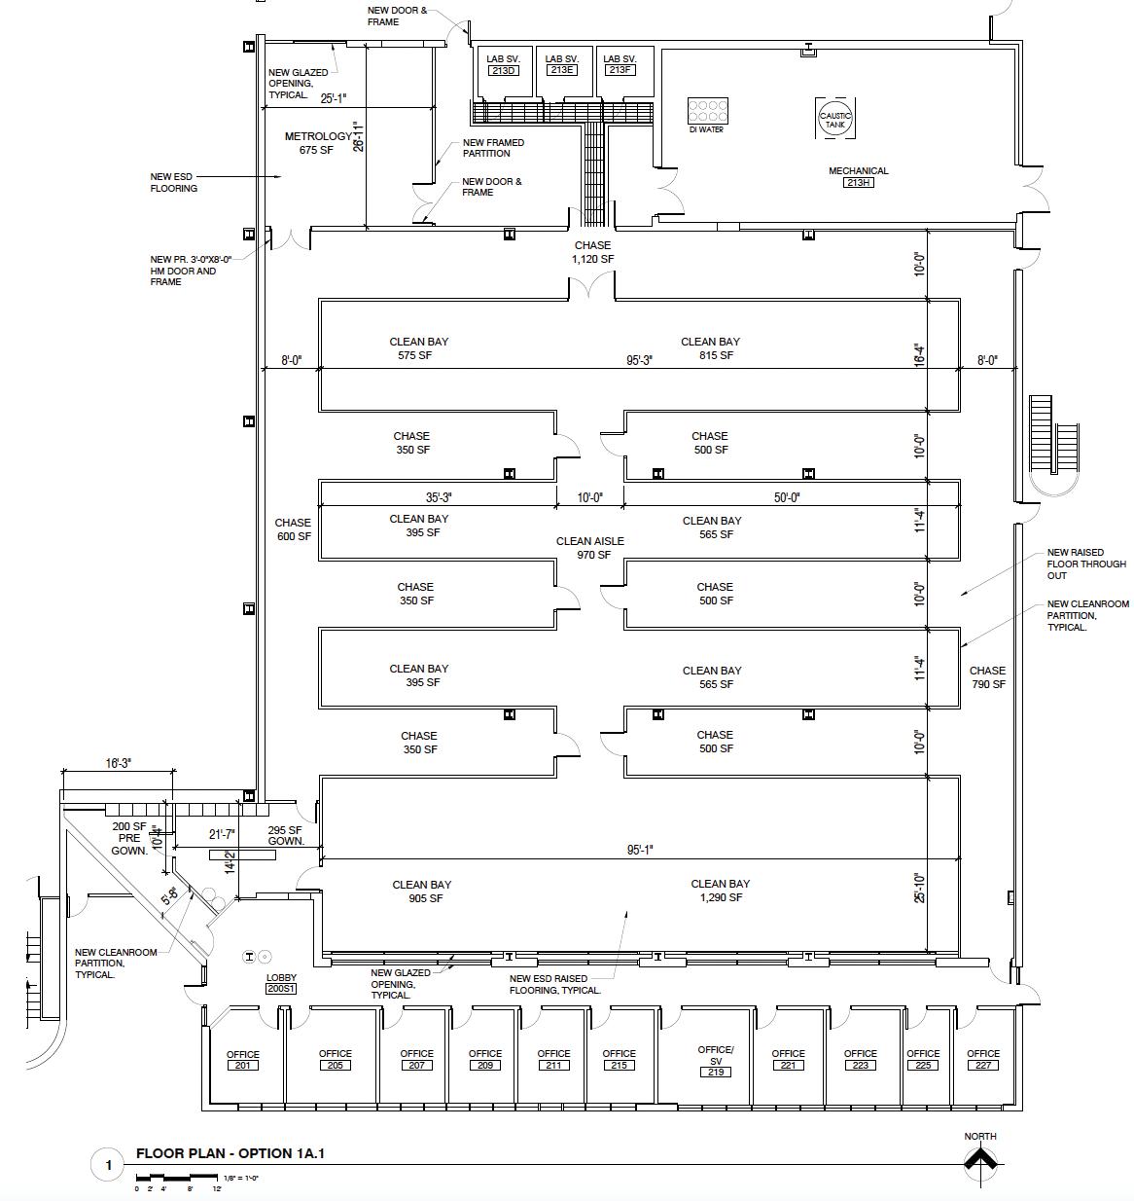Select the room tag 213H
(x=858, y=183)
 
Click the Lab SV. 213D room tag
(x=504, y=71)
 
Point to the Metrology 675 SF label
(x=317, y=143)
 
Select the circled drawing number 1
(x=109, y=1165)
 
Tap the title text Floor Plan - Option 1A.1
(x=230, y=1154)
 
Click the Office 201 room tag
(x=243, y=1066)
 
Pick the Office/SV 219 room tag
(x=716, y=1072)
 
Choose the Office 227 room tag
(x=983, y=1065)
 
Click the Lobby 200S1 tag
(x=281, y=989)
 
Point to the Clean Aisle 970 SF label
(x=590, y=548)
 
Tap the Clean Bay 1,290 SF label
(x=721, y=891)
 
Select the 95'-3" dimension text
(x=639, y=360)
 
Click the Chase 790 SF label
(x=987, y=677)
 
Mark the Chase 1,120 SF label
(x=592, y=252)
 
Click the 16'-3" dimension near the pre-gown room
(x=119, y=764)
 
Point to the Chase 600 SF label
(x=293, y=529)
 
